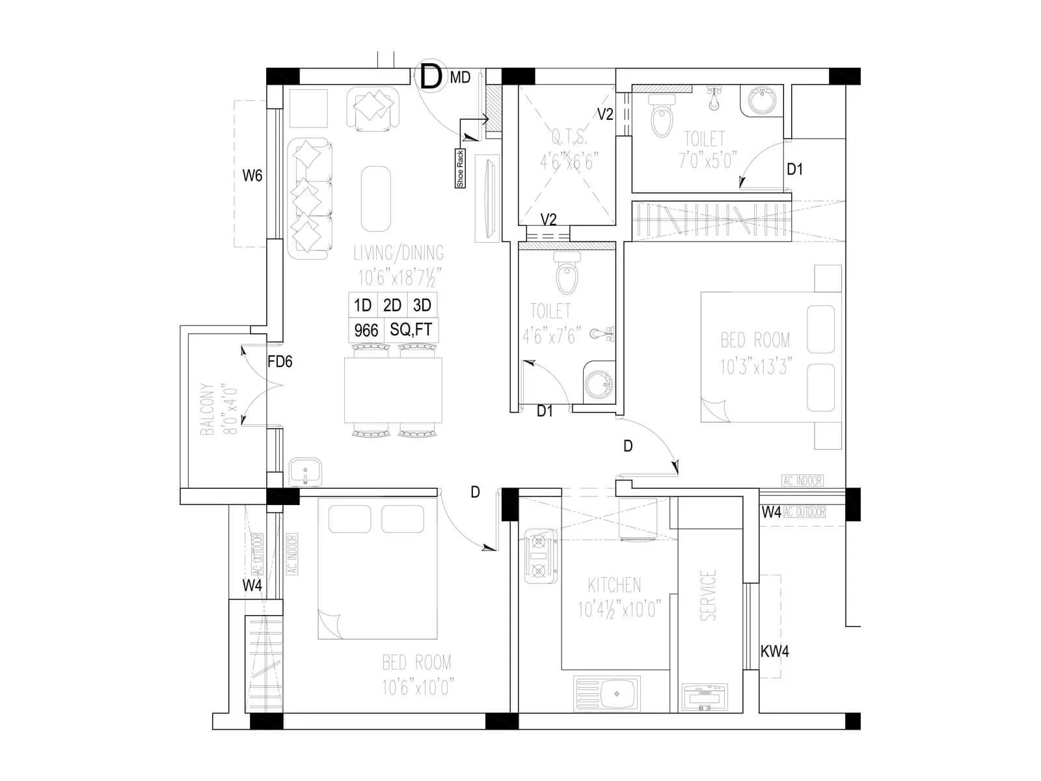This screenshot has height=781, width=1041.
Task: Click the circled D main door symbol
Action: pos(430,76)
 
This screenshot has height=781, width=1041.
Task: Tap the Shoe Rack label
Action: pos(460,169)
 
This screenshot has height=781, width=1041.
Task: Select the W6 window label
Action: pos(252,175)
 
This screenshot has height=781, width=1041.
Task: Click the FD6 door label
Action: pos(280,362)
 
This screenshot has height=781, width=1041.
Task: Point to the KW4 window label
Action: pos(775,651)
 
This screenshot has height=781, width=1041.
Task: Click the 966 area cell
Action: pos(366,331)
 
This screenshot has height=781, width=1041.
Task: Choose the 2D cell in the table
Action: pos(392,305)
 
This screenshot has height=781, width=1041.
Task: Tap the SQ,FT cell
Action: pos(411,330)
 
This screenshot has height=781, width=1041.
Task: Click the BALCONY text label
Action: pos(208,409)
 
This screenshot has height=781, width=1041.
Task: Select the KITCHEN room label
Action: pos(614,584)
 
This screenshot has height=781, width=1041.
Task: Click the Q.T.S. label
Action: pos(569,138)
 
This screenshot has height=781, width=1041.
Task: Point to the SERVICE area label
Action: pos(708,595)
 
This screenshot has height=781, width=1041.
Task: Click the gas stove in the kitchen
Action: pos(539,556)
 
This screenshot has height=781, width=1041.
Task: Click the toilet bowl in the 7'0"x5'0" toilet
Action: pos(662,117)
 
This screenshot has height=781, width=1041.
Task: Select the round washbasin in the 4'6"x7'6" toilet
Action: pos(597,385)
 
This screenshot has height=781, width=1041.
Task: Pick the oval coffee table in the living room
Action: pos(376,199)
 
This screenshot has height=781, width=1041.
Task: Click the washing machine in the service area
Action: pos(705,699)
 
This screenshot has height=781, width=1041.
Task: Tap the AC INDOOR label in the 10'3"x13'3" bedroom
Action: pos(802,481)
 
